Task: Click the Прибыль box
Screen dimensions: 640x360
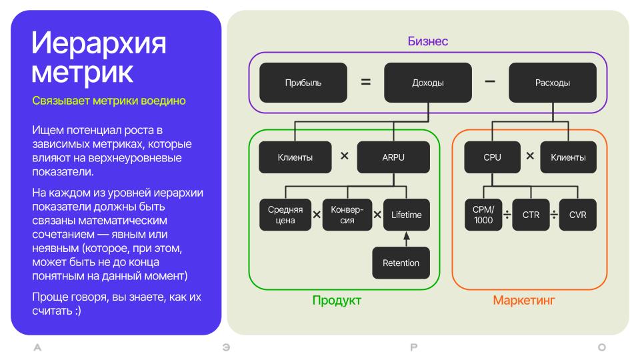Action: click(303, 83)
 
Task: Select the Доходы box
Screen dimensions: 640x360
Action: click(428, 83)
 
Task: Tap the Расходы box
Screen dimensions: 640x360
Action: click(553, 83)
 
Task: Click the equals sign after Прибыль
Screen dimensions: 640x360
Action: click(366, 82)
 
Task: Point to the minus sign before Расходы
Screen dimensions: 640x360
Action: click(490, 81)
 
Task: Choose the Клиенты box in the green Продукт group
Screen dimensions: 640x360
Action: click(295, 157)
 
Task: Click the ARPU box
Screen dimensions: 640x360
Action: click(393, 157)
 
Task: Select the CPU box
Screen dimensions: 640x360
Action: click(492, 157)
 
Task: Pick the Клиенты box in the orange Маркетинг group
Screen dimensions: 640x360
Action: click(568, 157)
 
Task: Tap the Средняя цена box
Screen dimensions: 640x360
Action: click(285, 215)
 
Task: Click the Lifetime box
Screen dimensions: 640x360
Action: click(407, 215)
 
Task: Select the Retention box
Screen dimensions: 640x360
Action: click(401, 263)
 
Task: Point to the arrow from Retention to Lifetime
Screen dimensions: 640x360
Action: click(407, 239)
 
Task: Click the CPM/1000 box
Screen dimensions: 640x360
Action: click(483, 215)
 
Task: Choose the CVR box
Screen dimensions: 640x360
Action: click(578, 215)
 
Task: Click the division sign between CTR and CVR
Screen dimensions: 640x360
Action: click(554, 214)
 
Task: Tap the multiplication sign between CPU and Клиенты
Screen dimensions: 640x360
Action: click(530, 156)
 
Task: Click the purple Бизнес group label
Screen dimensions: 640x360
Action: click(428, 41)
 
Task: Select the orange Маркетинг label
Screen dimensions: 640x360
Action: click(524, 301)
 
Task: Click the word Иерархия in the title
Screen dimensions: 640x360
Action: click(99, 43)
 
